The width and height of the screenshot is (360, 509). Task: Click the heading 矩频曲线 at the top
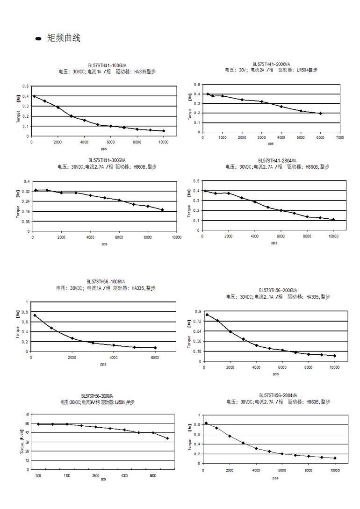tap(64, 38)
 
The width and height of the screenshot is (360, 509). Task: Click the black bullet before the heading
tap(38, 39)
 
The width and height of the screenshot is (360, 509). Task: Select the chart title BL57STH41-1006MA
tap(107, 66)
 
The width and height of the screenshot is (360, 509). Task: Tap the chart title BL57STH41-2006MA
tap(271, 64)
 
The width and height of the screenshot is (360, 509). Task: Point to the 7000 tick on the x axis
tap(340, 137)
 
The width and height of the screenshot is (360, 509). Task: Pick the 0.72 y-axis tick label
tap(198, 321)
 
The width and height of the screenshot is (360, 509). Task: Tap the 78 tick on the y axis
tap(27, 415)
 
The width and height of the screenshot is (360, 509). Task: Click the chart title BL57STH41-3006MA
tap(107, 160)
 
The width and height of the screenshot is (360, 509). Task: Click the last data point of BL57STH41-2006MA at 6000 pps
tap(320, 113)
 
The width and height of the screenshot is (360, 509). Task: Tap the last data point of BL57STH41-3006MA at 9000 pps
tap(162, 210)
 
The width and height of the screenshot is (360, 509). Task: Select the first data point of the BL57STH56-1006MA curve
tap(35, 315)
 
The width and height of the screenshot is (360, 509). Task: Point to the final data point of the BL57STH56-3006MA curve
tap(167, 438)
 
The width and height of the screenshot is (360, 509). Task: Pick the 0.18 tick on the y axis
tap(198, 351)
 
